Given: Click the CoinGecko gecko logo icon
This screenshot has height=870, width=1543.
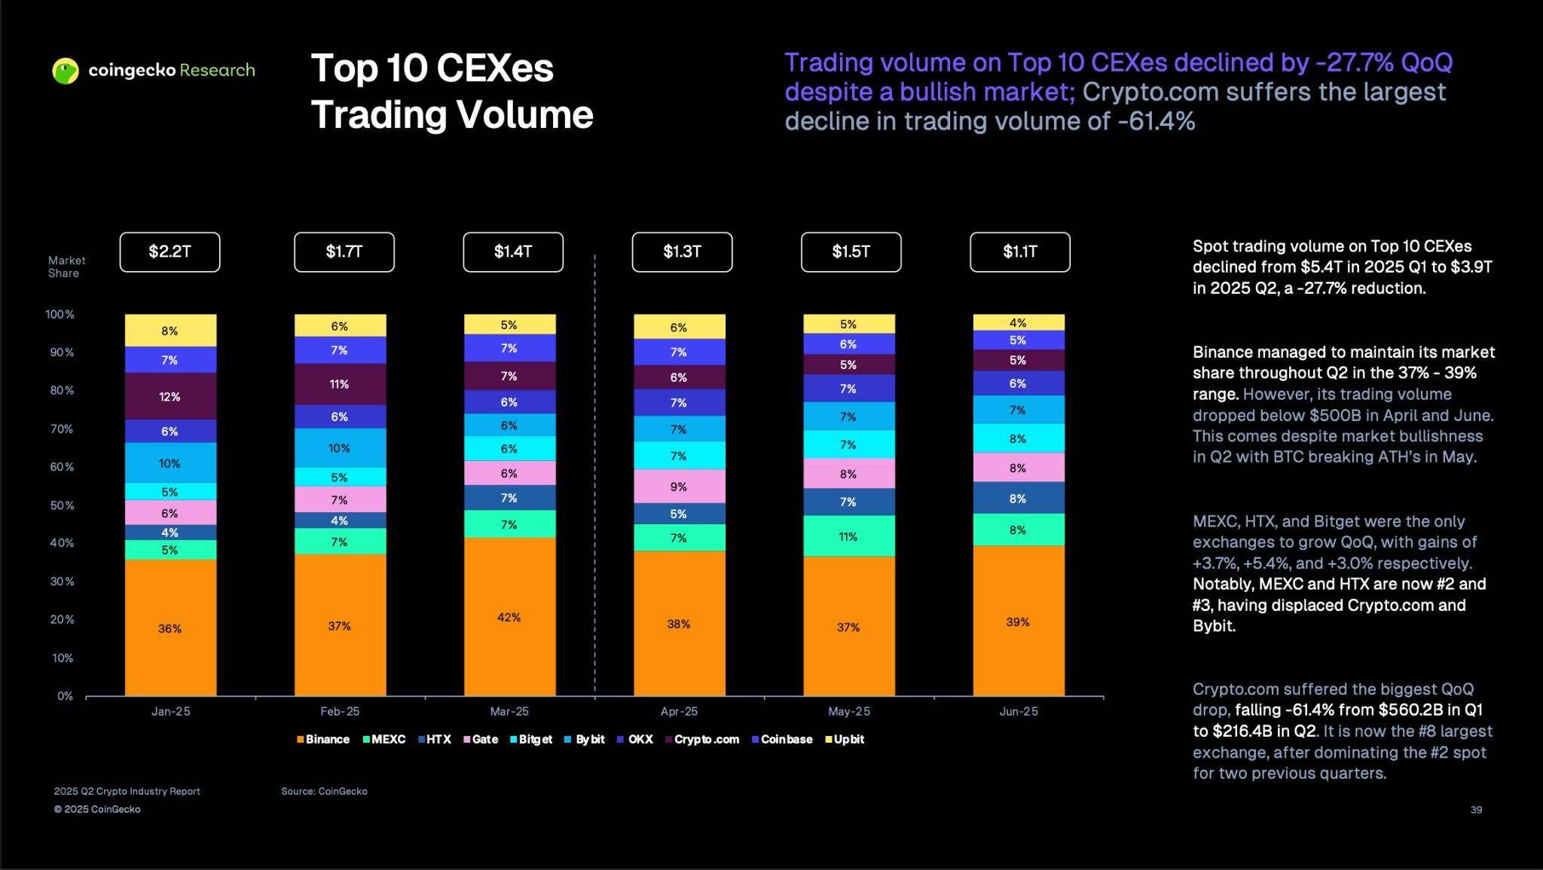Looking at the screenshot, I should pos(66,71).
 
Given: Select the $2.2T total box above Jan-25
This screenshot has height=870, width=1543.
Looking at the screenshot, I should pos(170,252).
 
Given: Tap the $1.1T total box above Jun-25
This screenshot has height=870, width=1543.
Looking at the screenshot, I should pos(1019,252).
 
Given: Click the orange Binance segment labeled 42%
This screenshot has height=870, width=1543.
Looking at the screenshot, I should pos(509,617).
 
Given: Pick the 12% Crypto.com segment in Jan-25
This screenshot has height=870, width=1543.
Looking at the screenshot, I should pos(170,396).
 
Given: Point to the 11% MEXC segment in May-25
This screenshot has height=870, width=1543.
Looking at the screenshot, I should pos(848,536).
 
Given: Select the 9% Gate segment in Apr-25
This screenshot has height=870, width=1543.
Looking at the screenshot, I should pos(679,487).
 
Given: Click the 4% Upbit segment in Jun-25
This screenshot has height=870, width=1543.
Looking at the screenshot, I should pos(1018,322).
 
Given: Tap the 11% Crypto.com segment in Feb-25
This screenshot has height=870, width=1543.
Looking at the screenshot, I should pos(340,384).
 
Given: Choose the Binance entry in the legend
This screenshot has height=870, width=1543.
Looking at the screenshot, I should pos(323,740).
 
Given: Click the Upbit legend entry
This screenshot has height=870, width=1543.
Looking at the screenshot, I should pos(845,740).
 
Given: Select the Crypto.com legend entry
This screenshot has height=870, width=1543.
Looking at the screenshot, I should pos(702,740).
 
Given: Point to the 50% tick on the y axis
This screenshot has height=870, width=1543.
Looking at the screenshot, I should pos(62,505).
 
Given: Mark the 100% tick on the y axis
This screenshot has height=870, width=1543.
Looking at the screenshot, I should pos(60,314).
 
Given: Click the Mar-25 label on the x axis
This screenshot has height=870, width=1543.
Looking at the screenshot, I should pos(509,711).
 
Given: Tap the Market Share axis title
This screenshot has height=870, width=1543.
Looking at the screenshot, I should pos(66,267).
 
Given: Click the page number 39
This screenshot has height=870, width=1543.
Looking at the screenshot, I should pos(1475,810).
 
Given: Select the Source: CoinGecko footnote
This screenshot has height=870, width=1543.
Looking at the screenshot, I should pos(324,791).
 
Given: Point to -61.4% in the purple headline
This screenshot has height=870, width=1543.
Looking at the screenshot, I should pos(1156,121).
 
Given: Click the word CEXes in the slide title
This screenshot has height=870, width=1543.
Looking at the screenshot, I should pos(495,69).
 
